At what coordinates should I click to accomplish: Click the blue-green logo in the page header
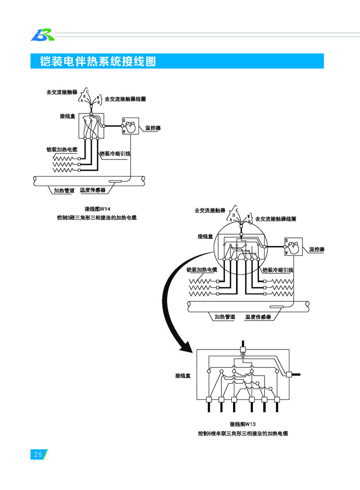point(42,34)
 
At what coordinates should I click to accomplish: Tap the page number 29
point(38,454)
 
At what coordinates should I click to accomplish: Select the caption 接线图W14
point(97,209)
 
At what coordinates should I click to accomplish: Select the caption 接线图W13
point(243,424)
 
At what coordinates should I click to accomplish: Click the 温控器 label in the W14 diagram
point(153,128)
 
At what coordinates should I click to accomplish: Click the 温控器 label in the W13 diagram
point(317,249)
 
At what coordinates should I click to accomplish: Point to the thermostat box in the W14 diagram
point(130,126)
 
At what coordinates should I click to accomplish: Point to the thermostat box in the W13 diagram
point(293,247)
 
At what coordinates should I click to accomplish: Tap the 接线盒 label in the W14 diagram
point(67,116)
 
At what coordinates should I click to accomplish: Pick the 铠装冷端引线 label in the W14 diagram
point(115,154)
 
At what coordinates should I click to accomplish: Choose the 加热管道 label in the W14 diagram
point(64,191)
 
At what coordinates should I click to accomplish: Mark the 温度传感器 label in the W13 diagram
point(258,317)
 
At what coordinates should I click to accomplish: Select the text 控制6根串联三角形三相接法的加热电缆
point(243,433)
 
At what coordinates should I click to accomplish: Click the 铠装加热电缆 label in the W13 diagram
point(202,270)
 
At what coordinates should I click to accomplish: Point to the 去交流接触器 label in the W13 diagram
point(210,210)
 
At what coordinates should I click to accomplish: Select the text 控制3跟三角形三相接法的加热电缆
point(97,218)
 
